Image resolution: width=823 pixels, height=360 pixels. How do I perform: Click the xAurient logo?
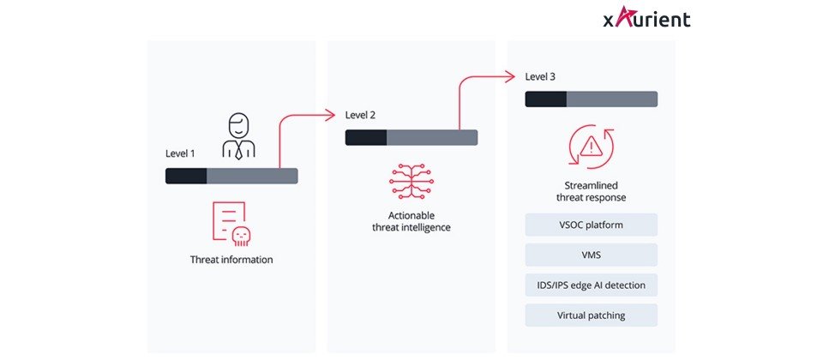coord(646,18)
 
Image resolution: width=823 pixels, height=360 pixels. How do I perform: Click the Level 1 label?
coord(180,153)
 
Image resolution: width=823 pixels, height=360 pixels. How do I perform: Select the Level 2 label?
coord(360,115)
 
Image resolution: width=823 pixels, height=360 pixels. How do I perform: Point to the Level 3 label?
coord(540,76)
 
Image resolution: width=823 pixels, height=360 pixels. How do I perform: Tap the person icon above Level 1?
coord(238,137)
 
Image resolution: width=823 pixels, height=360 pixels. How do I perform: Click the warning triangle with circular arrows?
coord(591,147)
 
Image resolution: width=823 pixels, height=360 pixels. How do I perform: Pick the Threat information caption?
coord(231,259)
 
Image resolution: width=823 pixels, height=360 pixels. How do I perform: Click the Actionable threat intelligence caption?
coord(411,220)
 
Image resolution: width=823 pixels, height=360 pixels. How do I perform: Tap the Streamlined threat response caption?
coord(591,190)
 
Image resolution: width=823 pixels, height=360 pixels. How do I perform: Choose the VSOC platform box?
coord(591,225)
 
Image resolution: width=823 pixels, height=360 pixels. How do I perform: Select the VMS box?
coord(591,255)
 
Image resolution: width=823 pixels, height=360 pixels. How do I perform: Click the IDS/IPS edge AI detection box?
coord(591,285)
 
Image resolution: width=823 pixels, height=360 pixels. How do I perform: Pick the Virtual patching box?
coord(591,315)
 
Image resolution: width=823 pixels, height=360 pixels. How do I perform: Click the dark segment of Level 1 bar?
coord(186,176)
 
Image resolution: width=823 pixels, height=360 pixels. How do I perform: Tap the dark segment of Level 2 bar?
coord(366,137)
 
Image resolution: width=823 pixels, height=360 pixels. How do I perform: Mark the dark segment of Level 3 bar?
coord(546,99)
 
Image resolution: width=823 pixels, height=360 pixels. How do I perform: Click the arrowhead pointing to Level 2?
coord(328,114)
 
